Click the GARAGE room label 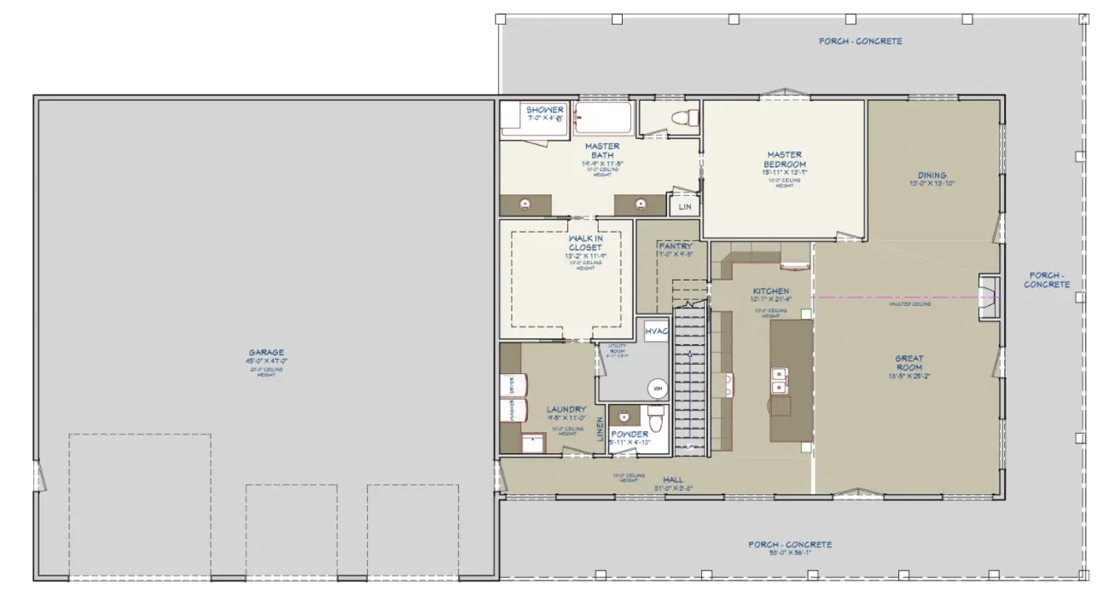pyautogui.click(x=266, y=352)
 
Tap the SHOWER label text pyautogui.click(x=544, y=110)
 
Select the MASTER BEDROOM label pyautogui.click(x=785, y=160)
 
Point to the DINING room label pyautogui.click(x=932, y=176)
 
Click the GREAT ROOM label pyautogui.click(x=909, y=363)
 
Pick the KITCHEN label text pyautogui.click(x=770, y=291)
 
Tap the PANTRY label pyautogui.click(x=675, y=246)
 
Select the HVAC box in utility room pyautogui.click(x=656, y=332)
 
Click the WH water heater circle pyautogui.click(x=658, y=389)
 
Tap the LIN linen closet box pyautogui.click(x=685, y=207)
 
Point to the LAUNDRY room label pyautogui.click(x=566, y=410)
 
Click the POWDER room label pyautogui.click(x=629, y=435)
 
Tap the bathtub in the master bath pyautogui.click(x=602, y=118)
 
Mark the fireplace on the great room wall pyautogui.click(x=989, y=297)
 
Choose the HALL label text pyautogui.click(x=673, y=481)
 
